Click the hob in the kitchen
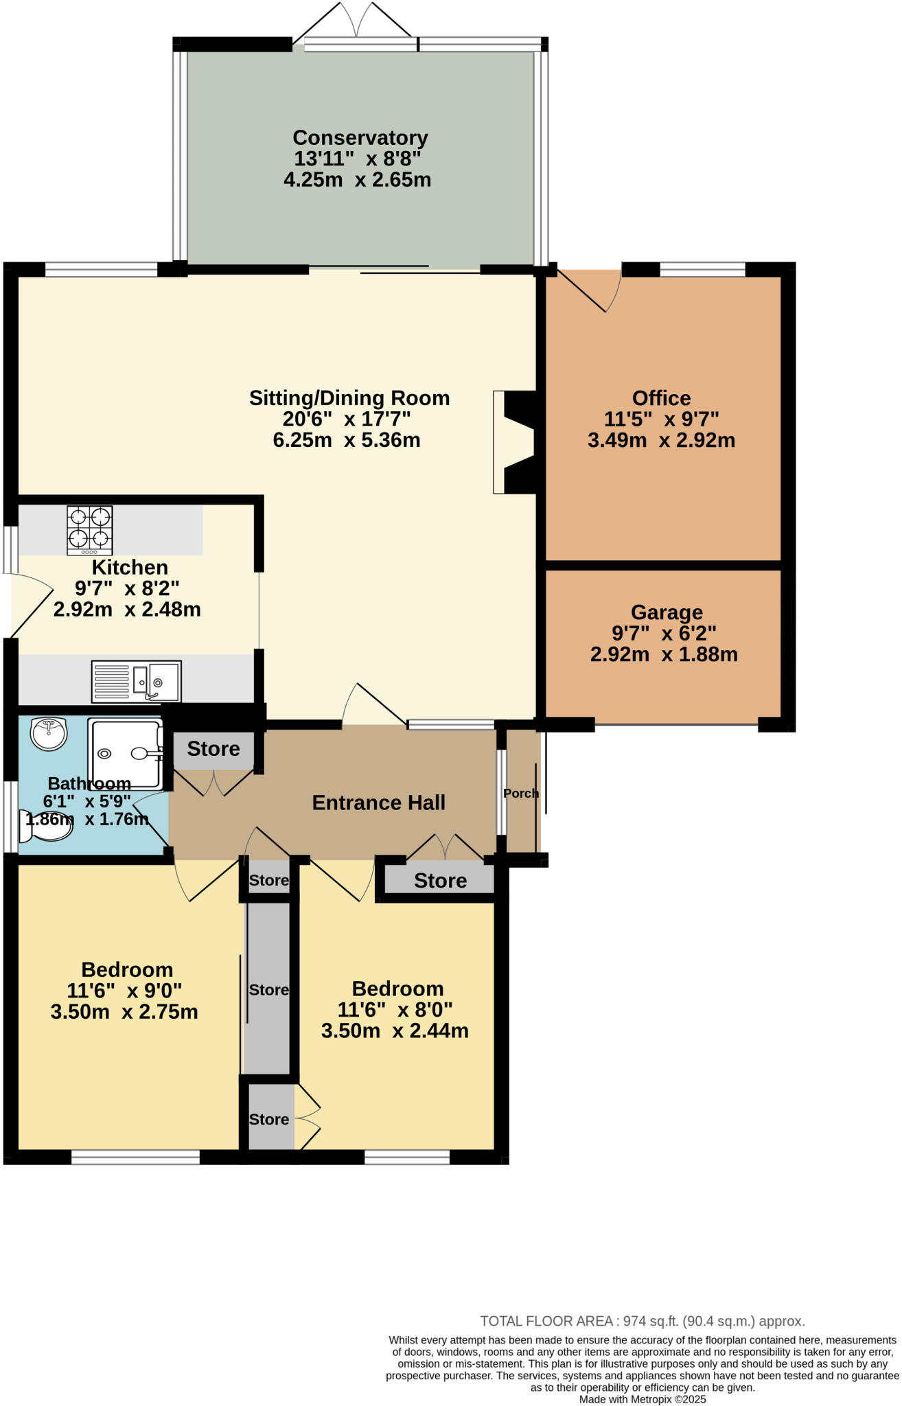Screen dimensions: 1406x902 (x=90, y=530)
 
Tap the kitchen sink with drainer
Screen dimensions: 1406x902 (x=136, y=680)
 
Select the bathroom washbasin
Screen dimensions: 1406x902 (x=48, y=733)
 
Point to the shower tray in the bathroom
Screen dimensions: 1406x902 (x=125, y=753)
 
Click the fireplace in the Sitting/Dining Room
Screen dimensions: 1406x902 (x=516, y=442)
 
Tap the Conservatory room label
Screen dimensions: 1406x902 (x=360, y=138)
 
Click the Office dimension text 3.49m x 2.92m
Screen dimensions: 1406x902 (x=661, y=440)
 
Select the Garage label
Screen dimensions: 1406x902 (x=667, y=612)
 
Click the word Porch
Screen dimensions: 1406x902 (x=521, y=793)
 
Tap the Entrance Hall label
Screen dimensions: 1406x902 (x=378, y=803)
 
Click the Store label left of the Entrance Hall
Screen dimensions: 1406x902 (x=213, y=748)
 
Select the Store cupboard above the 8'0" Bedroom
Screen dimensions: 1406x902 (x=440, y=880)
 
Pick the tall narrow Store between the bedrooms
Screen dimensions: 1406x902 (x=268, y=989)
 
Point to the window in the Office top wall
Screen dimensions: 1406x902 (x=702, y=269)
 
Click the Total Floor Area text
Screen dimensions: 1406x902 (x=642, y=1321)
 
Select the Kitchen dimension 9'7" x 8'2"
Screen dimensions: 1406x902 (x=127, y=588)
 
